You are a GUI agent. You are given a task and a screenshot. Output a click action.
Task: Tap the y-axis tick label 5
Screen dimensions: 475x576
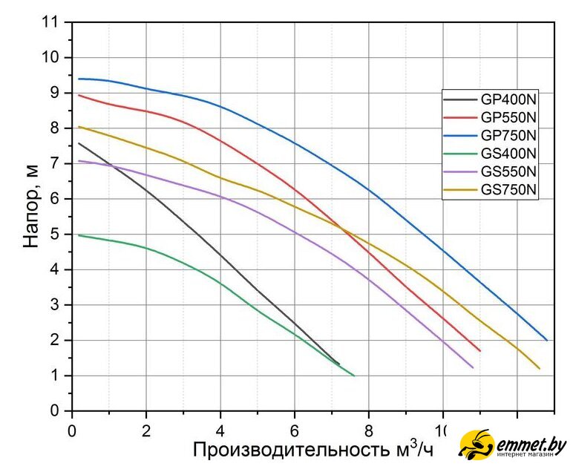pyautogui.click(x=56, y=235)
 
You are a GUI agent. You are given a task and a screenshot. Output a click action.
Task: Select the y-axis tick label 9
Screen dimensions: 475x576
pyautogui.click(x=56, y=93)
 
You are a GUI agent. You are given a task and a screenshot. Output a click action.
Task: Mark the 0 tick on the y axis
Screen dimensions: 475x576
pyautogui.click(x=56, y=410)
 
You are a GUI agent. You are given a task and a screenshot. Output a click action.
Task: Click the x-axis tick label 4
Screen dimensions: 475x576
pyautogui.click(x=220, y=429)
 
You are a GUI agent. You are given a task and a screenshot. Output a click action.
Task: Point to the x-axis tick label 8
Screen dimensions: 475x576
pyautogui.click(x=369, y=429)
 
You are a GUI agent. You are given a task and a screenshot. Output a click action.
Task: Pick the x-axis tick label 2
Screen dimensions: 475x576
pyautogui.click(x=146, y=429)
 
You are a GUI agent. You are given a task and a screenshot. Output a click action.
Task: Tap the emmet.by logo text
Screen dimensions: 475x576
pyautogui.click(x=531, y=445)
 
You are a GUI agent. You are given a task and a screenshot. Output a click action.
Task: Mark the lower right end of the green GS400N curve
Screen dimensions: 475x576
pyautogui.click(x=354, y=376)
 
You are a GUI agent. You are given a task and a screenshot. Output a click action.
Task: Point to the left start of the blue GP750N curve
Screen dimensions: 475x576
pyautogui.click(x=79, y=79)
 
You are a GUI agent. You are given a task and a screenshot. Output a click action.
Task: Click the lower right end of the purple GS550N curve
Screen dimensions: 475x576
pyautogui.click(x=473, y=367)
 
